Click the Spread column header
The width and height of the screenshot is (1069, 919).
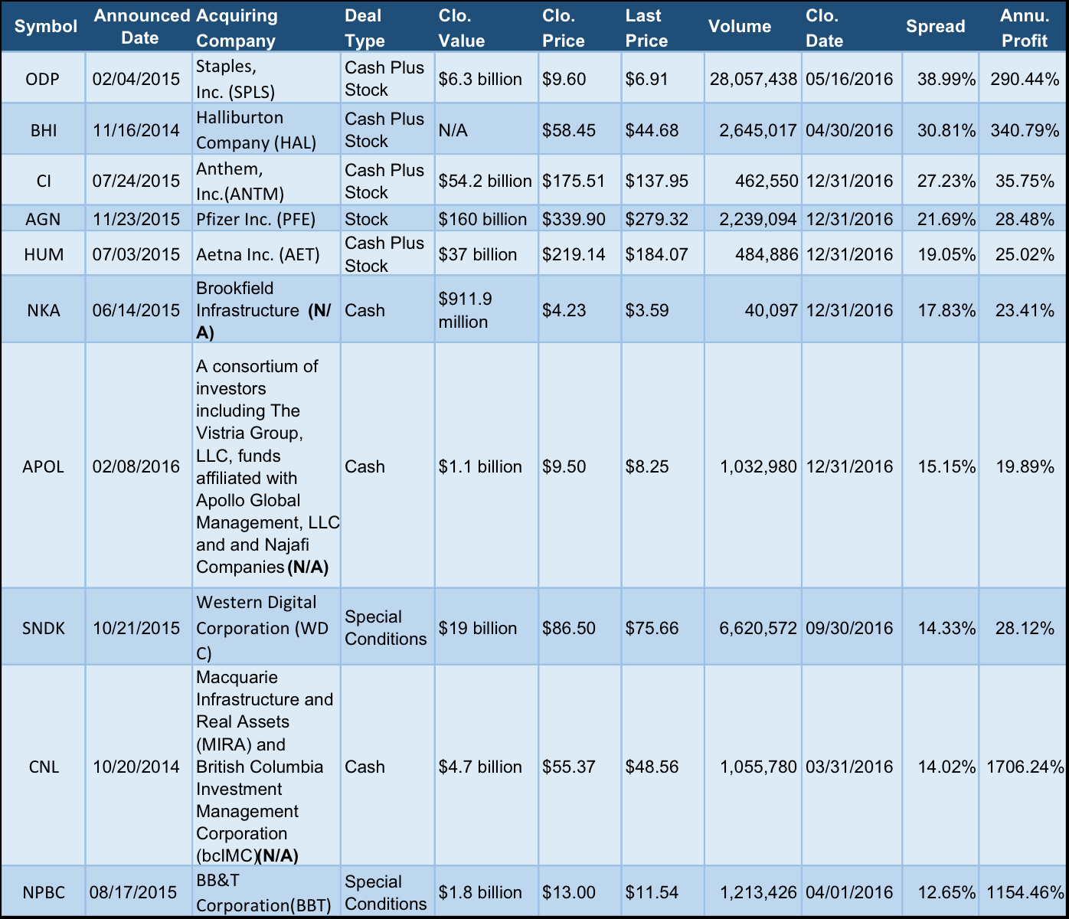click(x=935, y=26)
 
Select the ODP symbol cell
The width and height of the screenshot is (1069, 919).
click(x=43, y=79)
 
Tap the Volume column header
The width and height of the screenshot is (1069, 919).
click(x=739, y=26)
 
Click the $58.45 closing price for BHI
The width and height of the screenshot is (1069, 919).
click(x=568, y=130)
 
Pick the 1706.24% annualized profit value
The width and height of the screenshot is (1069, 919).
click(x=1025, y=767)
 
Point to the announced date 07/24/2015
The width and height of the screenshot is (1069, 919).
click(x=136, y=181)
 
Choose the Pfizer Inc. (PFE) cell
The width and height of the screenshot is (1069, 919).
click(x=256, y=219)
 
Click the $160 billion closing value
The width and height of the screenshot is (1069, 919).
click(x=482, y=219)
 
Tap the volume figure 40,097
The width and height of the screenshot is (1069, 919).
click(x=771, y=310)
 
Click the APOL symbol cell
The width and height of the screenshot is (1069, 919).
click(x=44, y=466)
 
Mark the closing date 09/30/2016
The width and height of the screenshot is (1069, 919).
click(x=849, y=628)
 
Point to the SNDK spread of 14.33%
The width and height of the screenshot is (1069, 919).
click(x=946, y=628)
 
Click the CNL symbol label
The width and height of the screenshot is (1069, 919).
click(x=44, y=767)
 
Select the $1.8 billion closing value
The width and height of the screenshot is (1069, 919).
click(x=480, y=892)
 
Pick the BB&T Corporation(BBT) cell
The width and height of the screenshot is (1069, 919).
click(x=263, y=893)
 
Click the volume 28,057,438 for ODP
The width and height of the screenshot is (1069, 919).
click(x=753, y=79)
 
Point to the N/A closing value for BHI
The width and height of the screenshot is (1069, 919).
click(x=453, y=130)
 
